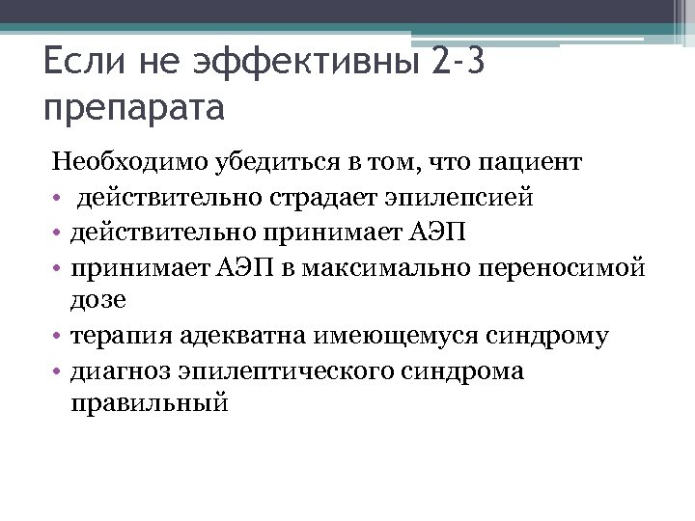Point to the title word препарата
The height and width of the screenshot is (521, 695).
coord(134,107)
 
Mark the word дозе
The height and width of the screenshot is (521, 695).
coord(98,300)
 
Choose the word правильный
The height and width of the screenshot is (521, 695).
coord(150,403)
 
